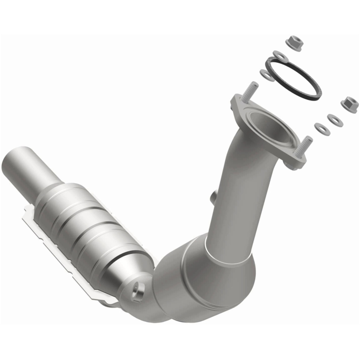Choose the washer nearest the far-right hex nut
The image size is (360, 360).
pos(334,120)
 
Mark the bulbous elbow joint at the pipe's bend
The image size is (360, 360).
pos(208,278)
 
